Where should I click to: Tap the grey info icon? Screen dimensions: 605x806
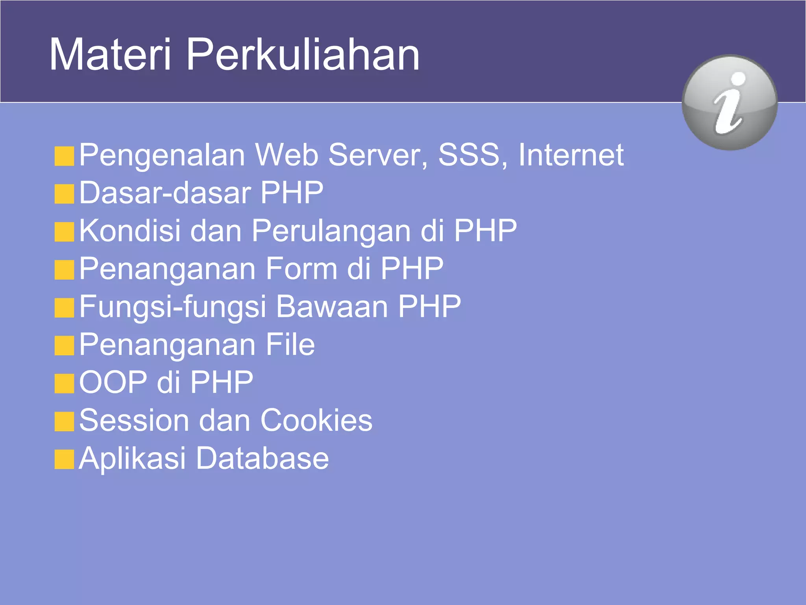(729, 102)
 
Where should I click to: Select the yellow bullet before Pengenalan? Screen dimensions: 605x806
(65, 156)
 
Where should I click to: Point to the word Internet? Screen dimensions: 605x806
(571, 154)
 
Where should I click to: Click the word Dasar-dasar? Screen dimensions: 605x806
(165, 193)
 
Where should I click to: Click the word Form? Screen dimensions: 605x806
(301, 268)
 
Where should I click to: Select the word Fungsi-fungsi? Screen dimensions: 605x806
(173, 307)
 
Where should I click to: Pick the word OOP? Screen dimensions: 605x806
(113, 382)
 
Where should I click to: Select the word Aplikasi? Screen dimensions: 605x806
(132, 458)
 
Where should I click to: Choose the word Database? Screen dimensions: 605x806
(263, 458)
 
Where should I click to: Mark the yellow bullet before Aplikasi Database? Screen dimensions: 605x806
(65, 460)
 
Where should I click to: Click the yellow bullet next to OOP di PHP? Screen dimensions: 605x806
(65, 384)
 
